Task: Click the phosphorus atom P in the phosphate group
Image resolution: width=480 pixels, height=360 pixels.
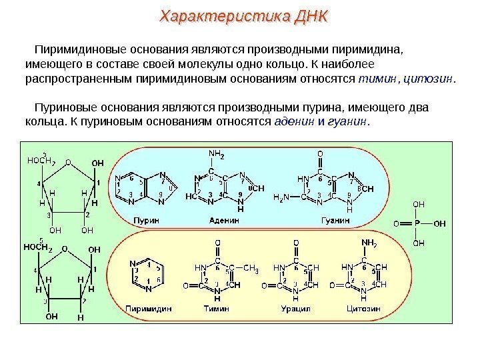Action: click(418, 224)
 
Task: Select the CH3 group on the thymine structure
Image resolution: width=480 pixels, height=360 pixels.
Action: click(251, 269)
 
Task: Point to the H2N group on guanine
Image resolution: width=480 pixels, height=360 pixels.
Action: click(282, 197)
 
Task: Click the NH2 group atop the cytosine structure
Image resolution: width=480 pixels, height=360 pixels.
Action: click(369, 243)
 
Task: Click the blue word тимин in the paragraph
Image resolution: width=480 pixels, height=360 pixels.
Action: click(372, 80)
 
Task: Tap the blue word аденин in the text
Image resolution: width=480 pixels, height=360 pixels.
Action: click(294, 123)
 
